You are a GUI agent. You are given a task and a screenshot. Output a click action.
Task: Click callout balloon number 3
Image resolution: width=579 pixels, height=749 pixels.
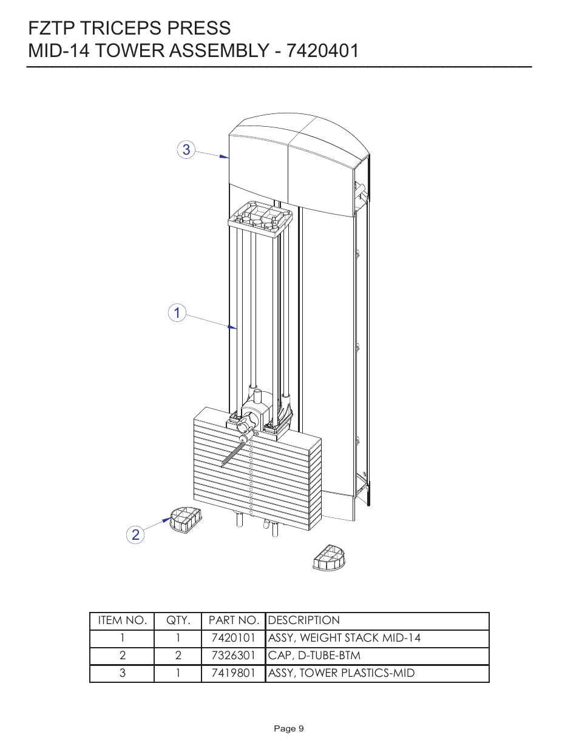click(x=186, y=149)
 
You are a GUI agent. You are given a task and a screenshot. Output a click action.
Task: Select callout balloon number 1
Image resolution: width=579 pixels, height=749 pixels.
click(x=177, y=314)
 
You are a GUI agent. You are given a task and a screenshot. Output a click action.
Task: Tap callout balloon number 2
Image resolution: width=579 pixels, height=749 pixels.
click(x=135, y=534)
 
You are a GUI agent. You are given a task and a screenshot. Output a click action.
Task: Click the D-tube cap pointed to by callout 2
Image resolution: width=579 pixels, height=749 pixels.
click(x=185, y=521)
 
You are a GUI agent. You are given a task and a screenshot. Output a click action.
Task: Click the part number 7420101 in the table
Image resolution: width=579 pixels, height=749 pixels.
click(x=233, y=638)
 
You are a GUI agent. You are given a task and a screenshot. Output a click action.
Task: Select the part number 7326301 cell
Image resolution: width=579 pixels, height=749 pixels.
click(x=233, y=656)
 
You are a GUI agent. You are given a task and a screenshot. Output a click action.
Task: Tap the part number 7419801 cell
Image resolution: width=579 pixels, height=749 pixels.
click(x=233, y=673)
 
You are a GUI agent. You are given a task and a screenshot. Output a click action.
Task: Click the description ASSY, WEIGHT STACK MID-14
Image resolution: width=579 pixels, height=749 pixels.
click(x=344, y=638)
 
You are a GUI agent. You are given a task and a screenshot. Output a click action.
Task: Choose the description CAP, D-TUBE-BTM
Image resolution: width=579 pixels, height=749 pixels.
click(x=314, y=656)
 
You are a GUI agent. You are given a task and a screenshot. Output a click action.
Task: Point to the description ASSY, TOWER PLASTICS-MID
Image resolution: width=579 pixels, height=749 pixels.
click(x=341, y=673)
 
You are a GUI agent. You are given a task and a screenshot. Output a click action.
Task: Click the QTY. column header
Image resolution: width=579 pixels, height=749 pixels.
click(x=178, y=620)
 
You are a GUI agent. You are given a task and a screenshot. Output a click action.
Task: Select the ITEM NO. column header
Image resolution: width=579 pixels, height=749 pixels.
click(x=122, y=620)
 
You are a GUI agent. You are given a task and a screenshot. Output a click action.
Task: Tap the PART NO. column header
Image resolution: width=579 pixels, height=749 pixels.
click(x=233, y=620)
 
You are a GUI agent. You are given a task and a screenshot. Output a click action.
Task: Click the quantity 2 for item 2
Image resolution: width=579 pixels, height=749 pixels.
click(x=178, y=656)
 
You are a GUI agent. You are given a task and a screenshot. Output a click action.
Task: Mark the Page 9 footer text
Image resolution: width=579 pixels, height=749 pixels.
click(x=289, y=728)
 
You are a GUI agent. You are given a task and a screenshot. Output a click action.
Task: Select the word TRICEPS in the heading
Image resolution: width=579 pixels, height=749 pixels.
click(x=116, y=28)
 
